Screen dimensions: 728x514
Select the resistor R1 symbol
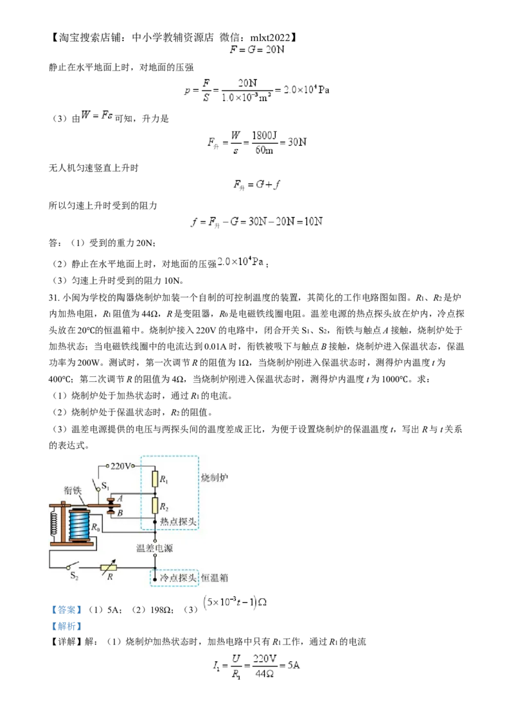pos(155,478)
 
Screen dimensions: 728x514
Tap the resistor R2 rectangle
pos(155,505)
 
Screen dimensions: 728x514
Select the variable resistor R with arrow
pos(110,568)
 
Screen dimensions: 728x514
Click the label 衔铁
pos(73,489)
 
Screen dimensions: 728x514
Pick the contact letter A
pos(120,499)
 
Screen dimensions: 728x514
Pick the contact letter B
pos(120,514)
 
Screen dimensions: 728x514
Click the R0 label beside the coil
pos(95,527)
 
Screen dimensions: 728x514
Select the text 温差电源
pos(155,549)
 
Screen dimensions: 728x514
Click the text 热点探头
pos(179,521)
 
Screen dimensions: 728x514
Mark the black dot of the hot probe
pos(155,522)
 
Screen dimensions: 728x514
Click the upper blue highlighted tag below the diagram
pos(67,609)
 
